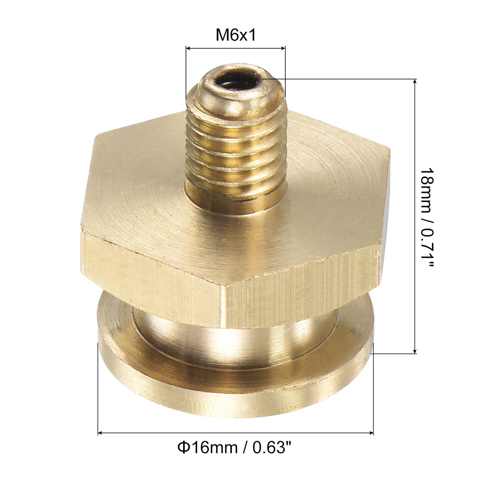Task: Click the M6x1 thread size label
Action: pos(236,35)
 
